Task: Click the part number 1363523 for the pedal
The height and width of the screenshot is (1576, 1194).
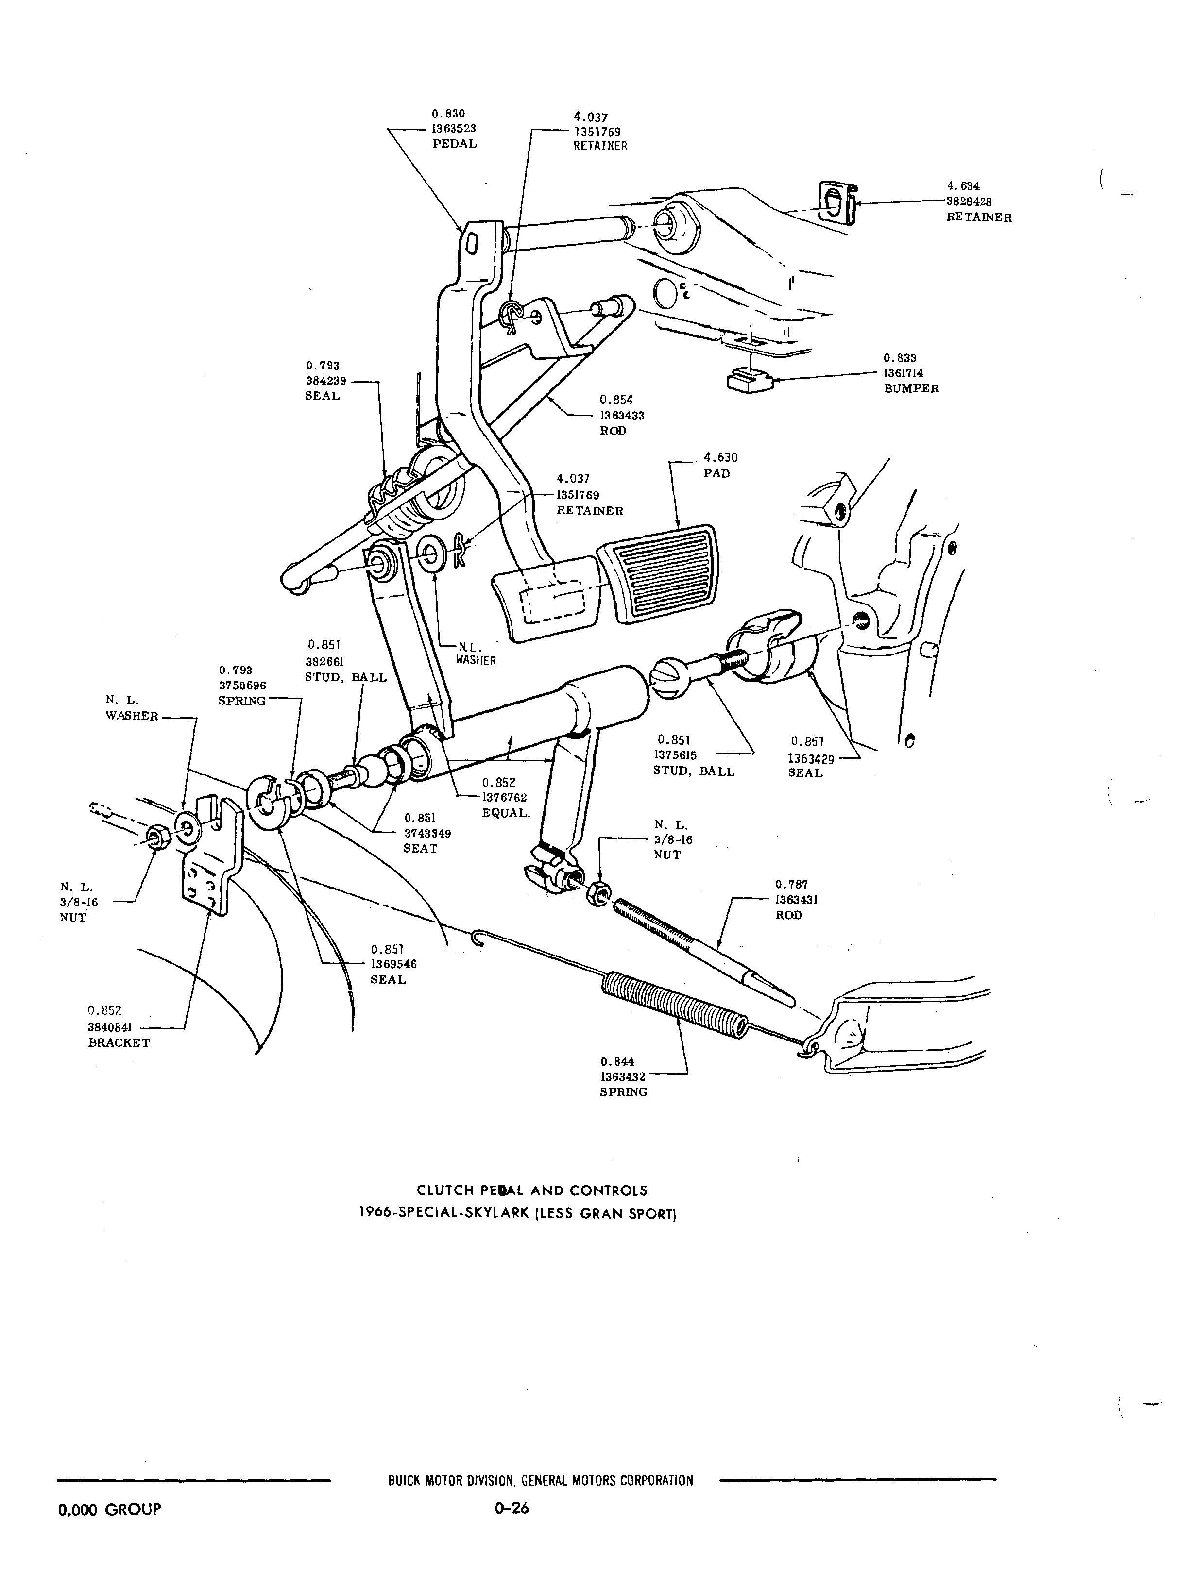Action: click(454, 128)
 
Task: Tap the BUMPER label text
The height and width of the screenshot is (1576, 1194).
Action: click(911, 388)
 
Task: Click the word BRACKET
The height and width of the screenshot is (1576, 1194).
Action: click(119, 1042)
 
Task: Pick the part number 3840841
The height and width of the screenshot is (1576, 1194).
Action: click(110, 1027)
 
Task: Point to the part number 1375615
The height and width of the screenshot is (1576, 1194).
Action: click(675, 755)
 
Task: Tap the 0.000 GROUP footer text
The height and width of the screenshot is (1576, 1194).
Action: click(109, 1509)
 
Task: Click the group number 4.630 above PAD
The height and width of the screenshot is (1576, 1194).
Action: click(721, 458)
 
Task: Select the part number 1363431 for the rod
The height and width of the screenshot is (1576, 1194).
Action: click(796, 900)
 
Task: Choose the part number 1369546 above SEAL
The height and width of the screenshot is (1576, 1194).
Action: click(393, 964)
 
